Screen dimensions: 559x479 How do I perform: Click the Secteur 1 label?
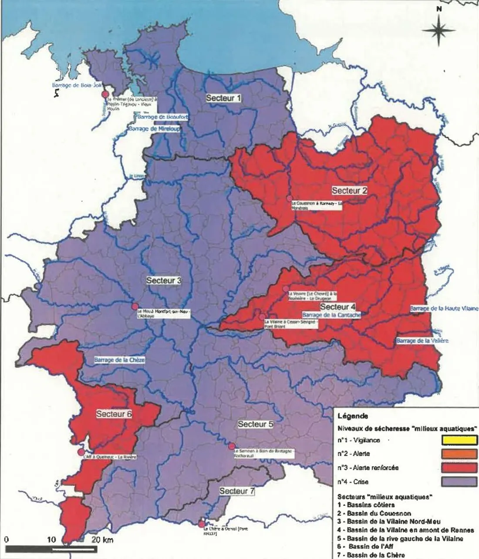223,98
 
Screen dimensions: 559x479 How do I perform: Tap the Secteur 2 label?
350,191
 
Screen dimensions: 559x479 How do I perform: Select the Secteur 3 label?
164,280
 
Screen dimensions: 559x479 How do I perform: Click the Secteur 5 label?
256,424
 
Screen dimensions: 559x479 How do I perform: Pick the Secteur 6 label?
114,414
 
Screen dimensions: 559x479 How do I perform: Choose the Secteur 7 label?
237,491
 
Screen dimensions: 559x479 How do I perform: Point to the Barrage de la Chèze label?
120,360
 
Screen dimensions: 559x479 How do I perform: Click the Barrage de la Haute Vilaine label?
444,308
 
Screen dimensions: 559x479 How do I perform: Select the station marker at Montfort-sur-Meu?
135,306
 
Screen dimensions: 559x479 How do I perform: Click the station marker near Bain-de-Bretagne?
232,446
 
